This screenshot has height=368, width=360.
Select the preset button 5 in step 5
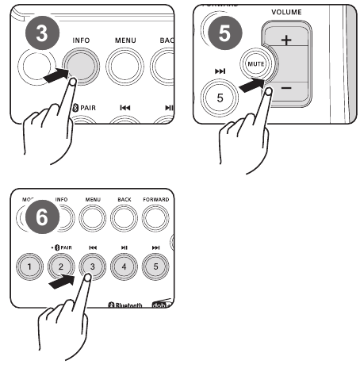pos(219,98)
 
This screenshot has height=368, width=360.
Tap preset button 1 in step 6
pos(29,266)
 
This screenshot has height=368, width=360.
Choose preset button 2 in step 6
pos(60,266)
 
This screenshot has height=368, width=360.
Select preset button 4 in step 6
pos(122,266)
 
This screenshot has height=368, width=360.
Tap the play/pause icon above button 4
pos(122,247)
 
